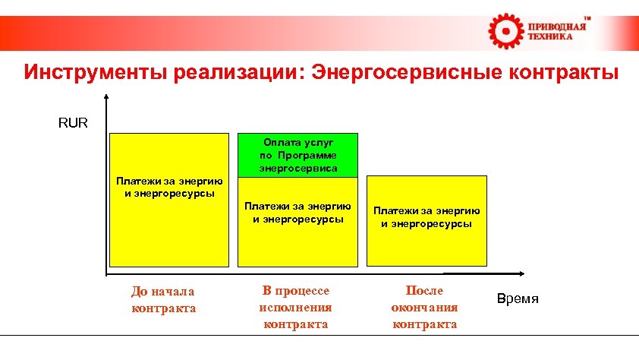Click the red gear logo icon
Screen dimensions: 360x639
504,30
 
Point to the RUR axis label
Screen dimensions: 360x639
73,122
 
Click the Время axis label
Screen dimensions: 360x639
518,298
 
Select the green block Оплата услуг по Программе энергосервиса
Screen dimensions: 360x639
297,155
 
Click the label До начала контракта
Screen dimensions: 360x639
163,299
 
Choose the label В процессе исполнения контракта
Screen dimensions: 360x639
295,307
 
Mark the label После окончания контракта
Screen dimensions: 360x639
424,307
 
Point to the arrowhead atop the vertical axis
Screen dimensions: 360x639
106,96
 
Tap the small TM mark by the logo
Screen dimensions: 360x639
587,17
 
